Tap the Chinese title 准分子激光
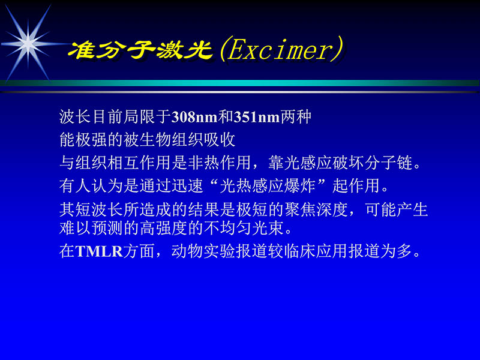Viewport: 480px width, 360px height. tap(141, 50)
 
